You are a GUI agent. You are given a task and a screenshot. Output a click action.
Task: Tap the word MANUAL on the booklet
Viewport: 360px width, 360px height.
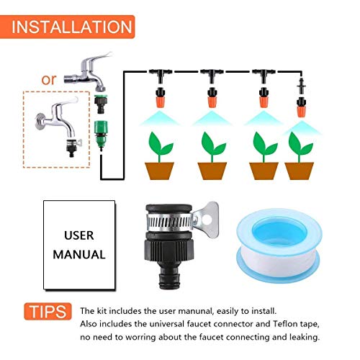coord(84,254)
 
